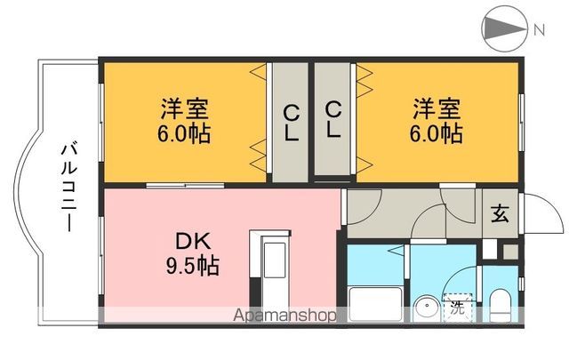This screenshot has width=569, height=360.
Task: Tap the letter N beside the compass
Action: click(540, 29)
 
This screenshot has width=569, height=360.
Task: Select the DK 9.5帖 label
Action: click(196, 252)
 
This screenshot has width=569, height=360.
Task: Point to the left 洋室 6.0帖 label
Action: click(185, 123)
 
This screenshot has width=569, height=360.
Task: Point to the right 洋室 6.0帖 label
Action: click(436, 123)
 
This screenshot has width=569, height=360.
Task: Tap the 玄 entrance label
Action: click(501, 213)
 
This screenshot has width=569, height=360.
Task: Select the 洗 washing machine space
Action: click(457, 308)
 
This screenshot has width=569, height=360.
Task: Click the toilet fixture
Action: click(499, 308)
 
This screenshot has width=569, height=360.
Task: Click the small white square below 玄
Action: click(489, 251)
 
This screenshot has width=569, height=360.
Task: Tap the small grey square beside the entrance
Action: click(509, 251)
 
